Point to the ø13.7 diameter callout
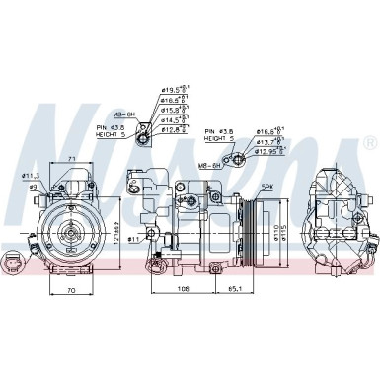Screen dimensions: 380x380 268,141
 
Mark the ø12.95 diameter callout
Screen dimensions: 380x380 270,152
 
